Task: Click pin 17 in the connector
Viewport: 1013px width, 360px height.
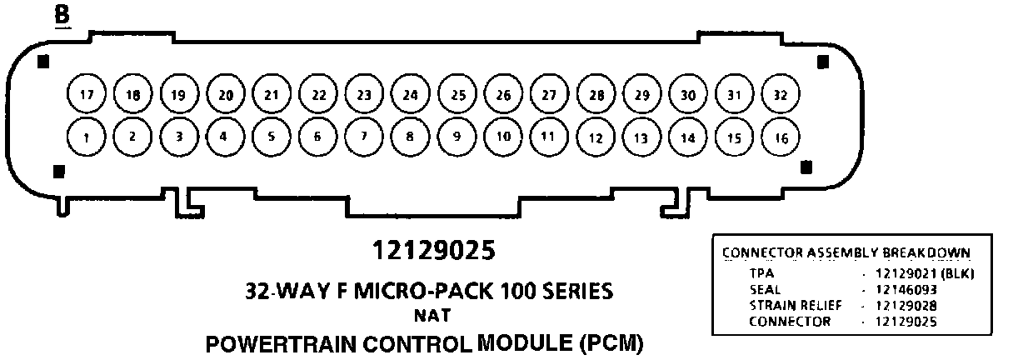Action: (86, 94)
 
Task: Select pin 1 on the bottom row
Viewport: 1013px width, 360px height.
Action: (86, 137)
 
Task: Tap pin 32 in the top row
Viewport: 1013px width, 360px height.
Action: (780, 94)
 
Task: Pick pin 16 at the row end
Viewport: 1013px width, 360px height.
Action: (780, 137)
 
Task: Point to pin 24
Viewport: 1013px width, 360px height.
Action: (409, 94)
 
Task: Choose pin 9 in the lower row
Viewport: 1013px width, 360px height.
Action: (456, 137)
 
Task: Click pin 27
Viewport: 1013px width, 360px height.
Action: (547, 94)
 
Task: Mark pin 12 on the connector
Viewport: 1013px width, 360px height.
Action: (594, 137)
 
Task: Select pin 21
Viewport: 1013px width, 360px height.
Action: (271, 94)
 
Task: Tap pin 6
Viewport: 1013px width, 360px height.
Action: (317, 137)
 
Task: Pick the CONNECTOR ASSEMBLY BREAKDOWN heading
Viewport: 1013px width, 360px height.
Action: (846, 253)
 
